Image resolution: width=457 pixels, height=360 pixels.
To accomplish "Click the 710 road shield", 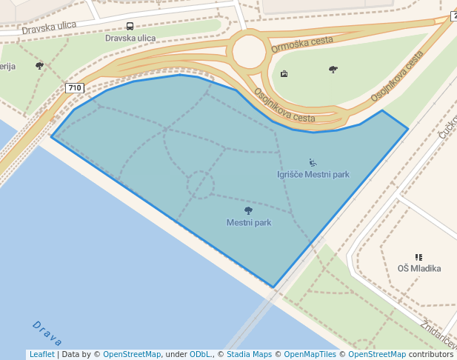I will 74,88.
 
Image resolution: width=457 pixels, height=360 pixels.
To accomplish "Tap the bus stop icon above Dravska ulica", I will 130,26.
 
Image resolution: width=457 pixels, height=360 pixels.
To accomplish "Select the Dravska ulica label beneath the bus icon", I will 130,38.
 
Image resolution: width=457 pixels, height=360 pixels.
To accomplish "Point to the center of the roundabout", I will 248,52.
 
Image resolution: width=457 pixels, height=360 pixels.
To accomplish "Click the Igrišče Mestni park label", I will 313,175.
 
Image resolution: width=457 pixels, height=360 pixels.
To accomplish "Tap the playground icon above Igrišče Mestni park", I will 313,162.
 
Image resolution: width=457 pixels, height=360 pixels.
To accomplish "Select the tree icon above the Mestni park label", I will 248,210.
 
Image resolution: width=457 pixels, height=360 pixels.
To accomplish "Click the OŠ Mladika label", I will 419,268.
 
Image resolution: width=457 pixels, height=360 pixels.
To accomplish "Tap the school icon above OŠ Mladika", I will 418,257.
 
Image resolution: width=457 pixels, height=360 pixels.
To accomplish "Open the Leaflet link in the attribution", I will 41,355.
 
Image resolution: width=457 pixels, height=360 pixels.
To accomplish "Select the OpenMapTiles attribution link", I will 310,355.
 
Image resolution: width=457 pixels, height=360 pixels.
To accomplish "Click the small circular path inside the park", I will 200,185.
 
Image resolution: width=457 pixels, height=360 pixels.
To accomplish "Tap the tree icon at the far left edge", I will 39,66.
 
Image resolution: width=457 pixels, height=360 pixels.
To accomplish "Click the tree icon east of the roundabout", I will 333,70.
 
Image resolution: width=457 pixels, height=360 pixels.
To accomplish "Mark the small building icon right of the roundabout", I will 284,73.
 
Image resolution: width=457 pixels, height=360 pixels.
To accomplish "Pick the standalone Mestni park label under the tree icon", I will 249,222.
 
